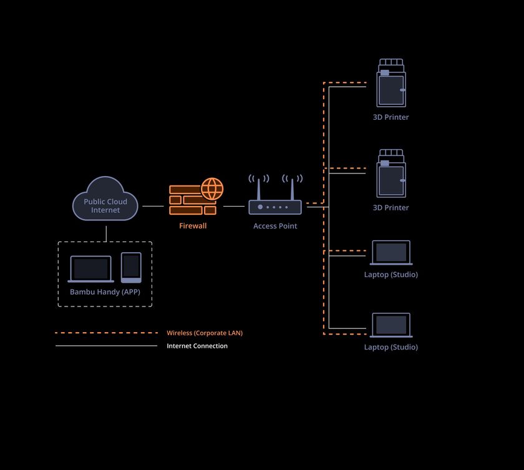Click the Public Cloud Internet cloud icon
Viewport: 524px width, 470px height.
[x=105, y=198]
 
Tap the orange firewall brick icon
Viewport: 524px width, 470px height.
[x=193, y=200]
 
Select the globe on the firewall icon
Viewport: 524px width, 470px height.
[x=212, y=189]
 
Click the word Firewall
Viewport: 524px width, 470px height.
[x=193, y=226]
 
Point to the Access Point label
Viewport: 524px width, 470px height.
[x=275, y=226]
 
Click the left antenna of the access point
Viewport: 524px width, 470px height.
[x=259, y=189]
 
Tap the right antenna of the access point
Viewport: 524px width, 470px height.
[x=292, y=189]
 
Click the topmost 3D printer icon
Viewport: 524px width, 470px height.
[x=391, y=83]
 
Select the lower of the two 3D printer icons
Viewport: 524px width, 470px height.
[x=391, y=173]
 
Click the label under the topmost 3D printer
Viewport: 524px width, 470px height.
[x=391, y=117]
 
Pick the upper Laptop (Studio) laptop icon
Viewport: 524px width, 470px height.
[x=391, y=253]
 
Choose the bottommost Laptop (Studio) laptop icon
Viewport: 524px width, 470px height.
[x=391, y=325]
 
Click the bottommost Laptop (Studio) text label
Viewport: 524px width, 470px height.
[x=391, y=347]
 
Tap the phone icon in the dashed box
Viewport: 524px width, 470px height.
[x=131, y=267]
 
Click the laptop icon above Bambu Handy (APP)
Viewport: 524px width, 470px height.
[x=91, y=269]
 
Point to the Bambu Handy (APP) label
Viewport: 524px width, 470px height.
[x=105, y=292]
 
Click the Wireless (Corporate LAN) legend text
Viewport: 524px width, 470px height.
[x=205, y=333]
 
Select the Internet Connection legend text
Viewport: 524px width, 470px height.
[x=197, y=346]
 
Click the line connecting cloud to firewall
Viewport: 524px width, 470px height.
[x=153, y=206]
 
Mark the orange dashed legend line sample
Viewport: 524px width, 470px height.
[x=106, y=333]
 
